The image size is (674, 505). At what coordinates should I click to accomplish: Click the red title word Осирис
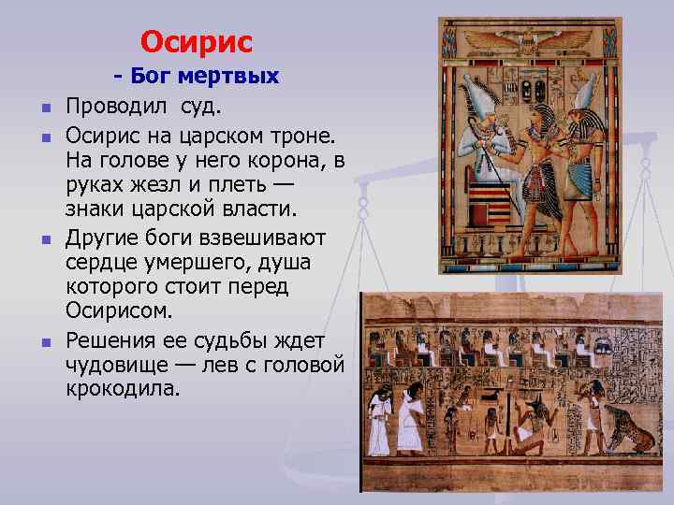pyautogui.click(x=197, y=42)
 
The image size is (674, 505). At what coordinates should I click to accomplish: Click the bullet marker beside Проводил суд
pyautogui.click(x=44, y=102)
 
